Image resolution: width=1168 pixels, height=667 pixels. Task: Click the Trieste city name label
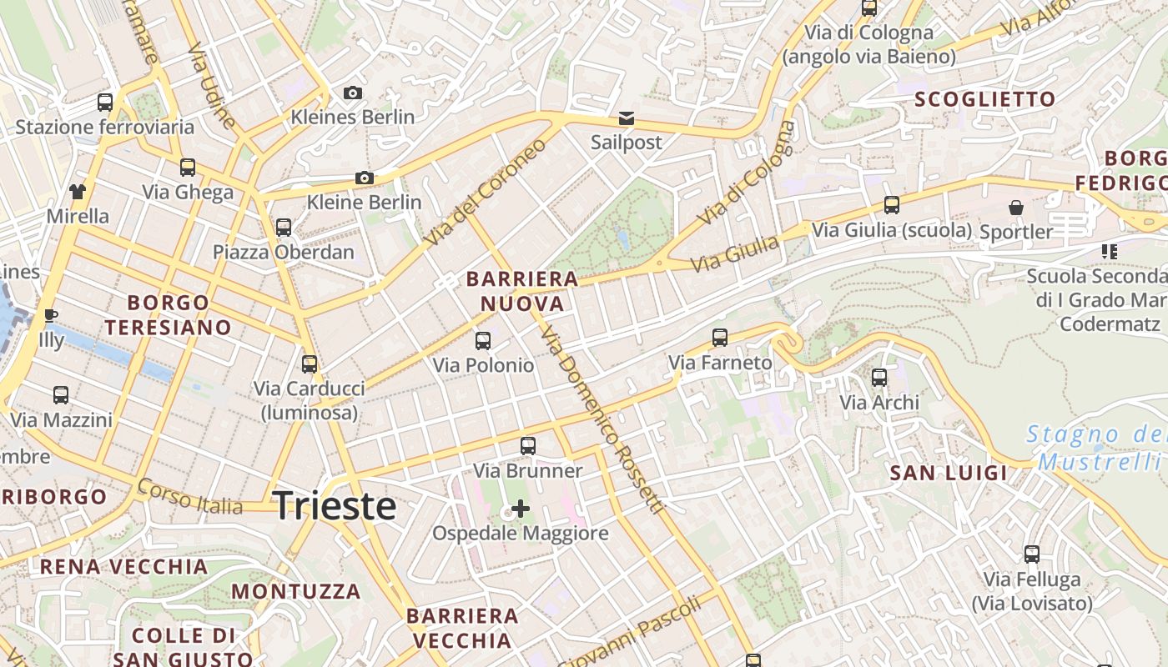[334, 505]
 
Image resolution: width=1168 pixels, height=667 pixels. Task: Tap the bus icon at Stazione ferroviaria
[105, 103]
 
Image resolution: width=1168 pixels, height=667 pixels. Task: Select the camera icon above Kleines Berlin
[353, 93]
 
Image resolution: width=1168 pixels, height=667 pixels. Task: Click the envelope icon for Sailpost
[627, 118]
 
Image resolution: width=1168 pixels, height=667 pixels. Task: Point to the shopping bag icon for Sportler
[1016, 208]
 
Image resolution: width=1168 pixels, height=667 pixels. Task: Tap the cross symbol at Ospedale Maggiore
[521, 508]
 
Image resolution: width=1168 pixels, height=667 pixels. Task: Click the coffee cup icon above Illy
[51, 315]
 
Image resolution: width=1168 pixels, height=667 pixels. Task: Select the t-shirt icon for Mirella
[78, 192]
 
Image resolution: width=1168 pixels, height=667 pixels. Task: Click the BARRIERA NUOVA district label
[522, 291]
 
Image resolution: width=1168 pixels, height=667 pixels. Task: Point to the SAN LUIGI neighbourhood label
[949, 474]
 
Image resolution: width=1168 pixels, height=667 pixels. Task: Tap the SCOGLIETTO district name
[985, 99]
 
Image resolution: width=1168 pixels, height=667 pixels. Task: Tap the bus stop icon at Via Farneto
[720, 338]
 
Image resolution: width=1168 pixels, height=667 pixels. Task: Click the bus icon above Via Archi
[879, 378]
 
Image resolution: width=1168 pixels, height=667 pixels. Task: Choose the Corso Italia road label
[201, 498]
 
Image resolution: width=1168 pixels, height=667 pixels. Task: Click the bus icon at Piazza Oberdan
[284, 227]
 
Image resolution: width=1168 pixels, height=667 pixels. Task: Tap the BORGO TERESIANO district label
[168, 314]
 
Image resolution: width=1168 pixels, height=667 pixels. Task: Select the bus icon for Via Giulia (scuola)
[892, 204]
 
